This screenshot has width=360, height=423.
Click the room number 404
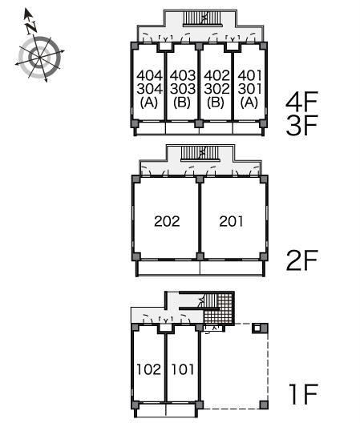[149, 75]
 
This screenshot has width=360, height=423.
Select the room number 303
[183, 89]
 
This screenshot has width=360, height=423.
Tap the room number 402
[216, 75]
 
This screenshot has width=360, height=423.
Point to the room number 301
[249, 89]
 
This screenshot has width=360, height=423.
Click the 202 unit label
[167, 221]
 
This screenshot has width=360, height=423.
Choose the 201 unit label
[231, 221]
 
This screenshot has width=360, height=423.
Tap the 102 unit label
[149, 369]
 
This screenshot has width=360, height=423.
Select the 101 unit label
[183, 369]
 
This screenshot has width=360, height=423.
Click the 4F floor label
[301, 102]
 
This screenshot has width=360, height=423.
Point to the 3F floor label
[301, 125]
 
